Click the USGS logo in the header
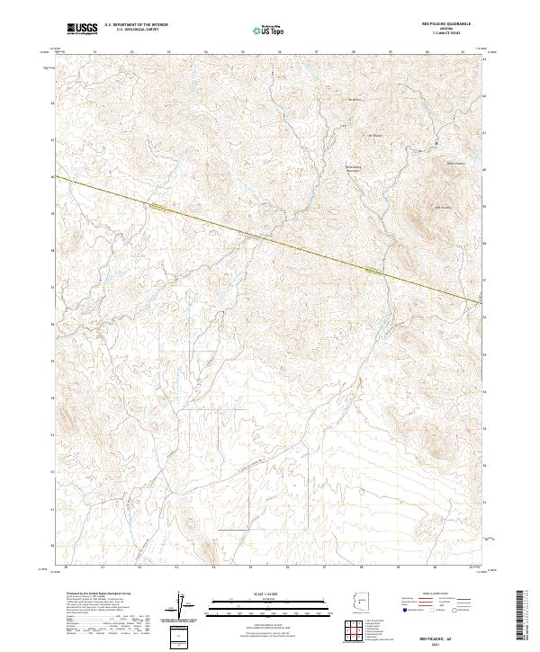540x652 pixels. point(82,29)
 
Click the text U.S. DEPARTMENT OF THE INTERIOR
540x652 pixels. point(136,25)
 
